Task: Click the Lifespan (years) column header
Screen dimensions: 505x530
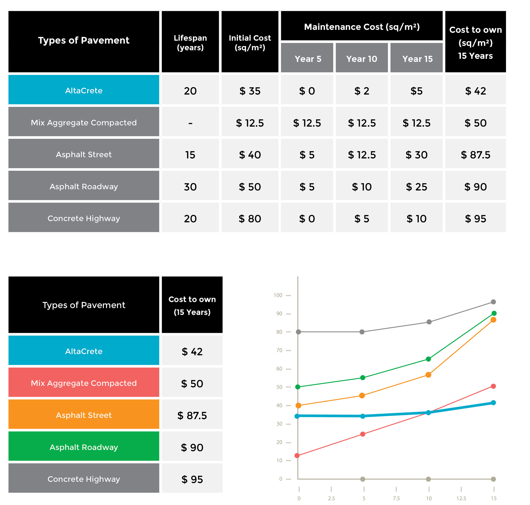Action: [190, 43]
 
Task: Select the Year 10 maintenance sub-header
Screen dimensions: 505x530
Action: [361, 59]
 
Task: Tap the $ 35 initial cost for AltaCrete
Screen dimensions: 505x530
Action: [250, 91]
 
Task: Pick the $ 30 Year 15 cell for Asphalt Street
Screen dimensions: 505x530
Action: [416, 155]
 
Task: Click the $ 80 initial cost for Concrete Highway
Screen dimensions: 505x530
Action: [250, 219]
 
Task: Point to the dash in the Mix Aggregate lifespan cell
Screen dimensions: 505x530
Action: [190, 123]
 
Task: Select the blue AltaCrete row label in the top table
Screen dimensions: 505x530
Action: [84, 90]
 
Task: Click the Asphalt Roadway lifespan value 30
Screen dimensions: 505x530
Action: [190, 187]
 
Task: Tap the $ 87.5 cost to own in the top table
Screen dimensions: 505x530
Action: [475, 155]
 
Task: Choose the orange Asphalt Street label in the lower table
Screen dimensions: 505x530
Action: [84, 415]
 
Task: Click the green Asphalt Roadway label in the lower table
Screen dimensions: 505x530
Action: [84, 447]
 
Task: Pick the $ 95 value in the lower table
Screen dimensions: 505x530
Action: [192, 479]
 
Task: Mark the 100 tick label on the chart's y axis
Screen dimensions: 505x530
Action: [278, 295]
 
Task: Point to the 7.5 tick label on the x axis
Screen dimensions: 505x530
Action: [396, 498]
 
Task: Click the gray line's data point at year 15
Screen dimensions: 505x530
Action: [493, 302]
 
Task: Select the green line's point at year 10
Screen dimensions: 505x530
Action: [428, 359]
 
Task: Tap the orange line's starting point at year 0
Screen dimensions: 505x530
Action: [298, 405]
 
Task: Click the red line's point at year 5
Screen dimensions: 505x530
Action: [363, 434]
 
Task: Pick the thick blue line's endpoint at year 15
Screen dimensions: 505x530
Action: [493, 402]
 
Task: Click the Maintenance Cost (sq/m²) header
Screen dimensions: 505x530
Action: [362, 27]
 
